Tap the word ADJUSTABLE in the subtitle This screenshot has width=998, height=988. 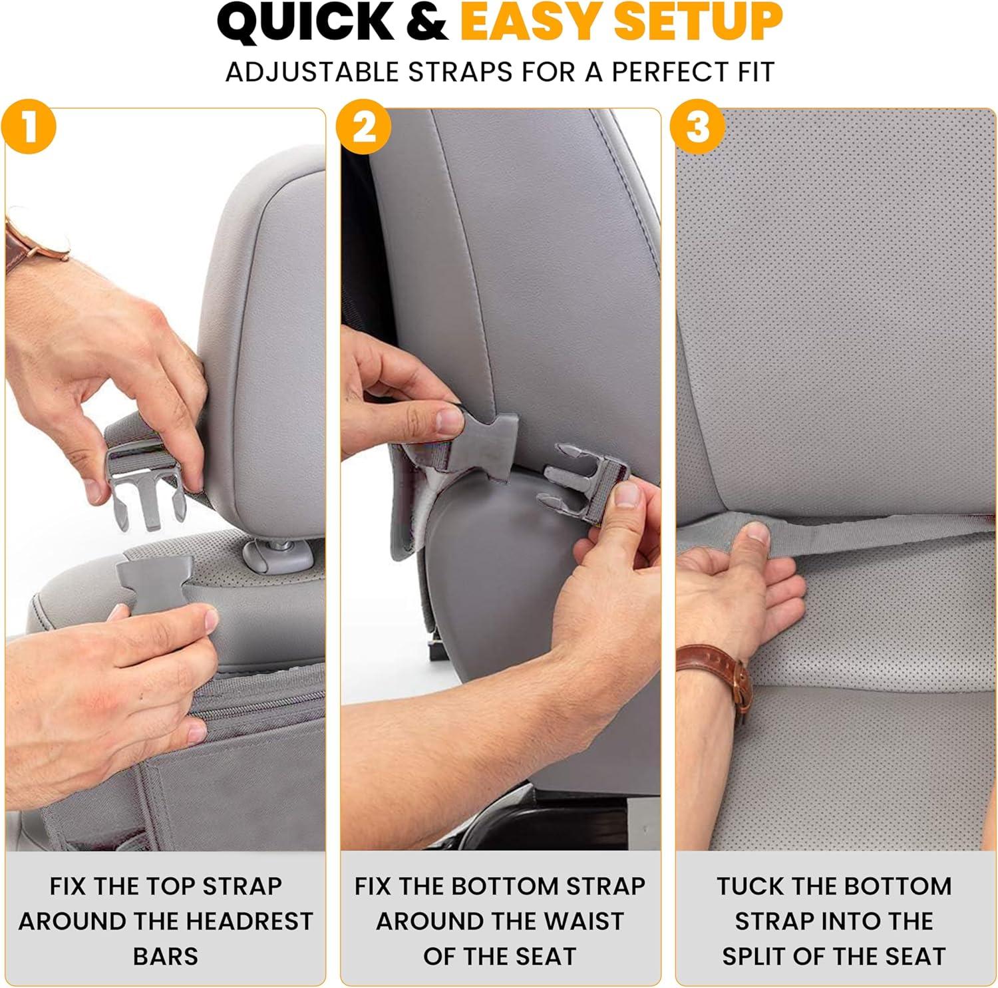coord(313,72)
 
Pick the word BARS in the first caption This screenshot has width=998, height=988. coord(166,956)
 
